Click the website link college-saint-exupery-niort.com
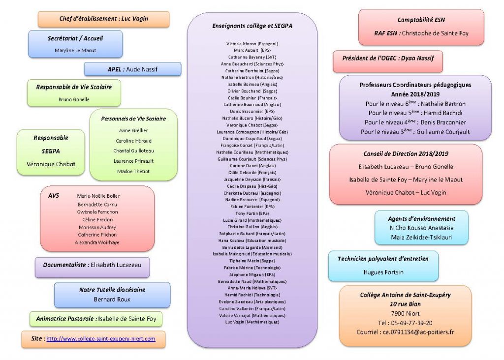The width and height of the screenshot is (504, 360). pos(100,339)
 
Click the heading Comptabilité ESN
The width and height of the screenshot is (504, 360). pos(421,20)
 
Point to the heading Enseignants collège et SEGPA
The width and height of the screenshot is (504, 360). pos(252,26)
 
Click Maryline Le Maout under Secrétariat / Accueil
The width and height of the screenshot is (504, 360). pos(75,50)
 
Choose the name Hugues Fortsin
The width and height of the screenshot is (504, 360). pos(383,271)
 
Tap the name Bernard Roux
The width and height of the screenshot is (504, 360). pos(112,299)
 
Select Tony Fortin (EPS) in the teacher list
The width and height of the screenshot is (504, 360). pos(252,213)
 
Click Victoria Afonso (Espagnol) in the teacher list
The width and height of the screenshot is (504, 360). pos(252,44)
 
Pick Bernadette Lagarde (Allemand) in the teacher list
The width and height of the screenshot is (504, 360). pos(252,247)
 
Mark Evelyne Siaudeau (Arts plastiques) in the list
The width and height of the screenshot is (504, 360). pos(252,301)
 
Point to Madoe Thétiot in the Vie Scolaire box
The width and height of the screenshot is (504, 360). pos(133,171)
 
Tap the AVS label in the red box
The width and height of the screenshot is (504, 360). pos(54,195)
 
